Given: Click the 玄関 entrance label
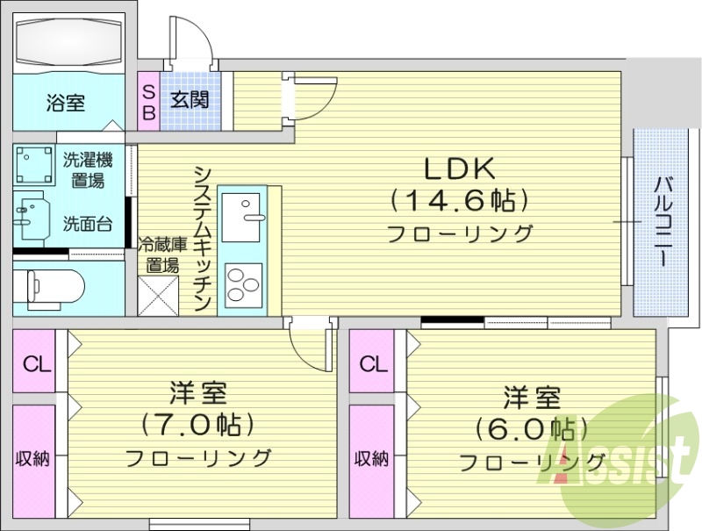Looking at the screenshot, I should coord(190,99).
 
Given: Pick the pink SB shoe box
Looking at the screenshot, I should coord(148,100).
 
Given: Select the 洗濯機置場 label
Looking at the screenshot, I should coord(87,170).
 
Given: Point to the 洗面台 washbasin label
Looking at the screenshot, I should coord(87,224).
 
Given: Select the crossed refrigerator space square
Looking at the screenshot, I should coord(158,296).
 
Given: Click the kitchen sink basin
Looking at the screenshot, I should coord(240,216).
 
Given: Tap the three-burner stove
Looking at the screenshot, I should coord(242,283).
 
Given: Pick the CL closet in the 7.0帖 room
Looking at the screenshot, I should coord(33,363).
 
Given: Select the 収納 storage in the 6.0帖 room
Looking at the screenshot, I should coord(370,458).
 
